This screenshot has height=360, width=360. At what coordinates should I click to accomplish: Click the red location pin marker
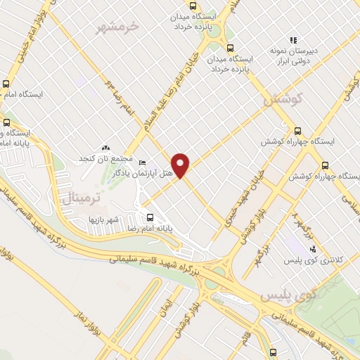tap(181, 165)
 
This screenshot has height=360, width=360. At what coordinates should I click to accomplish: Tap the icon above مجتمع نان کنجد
tap(105, 148)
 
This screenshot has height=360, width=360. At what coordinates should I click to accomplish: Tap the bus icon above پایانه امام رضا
tap(148, 216)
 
